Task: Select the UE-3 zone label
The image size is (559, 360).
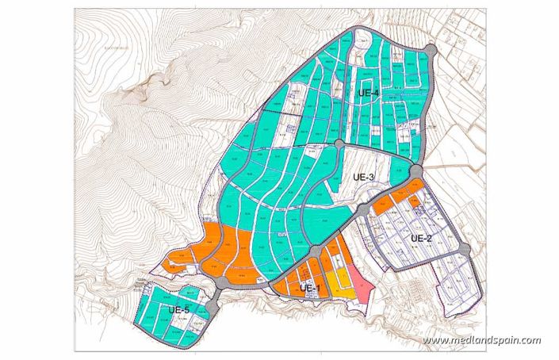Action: [x=362, y=178]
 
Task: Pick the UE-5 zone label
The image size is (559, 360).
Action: [x=178, y=309]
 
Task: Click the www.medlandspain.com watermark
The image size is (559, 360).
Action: [x=481, y=341]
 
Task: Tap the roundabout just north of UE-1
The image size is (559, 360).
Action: [x=315, y=251]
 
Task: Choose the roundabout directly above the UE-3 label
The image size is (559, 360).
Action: [x=339, y=144]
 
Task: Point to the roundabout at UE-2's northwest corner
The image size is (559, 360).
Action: [x=362, y=209]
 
